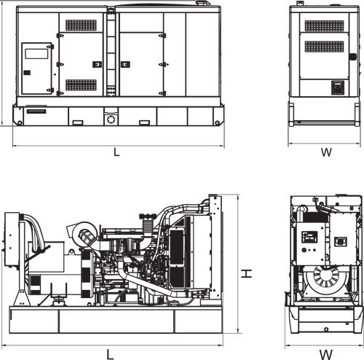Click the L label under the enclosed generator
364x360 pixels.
[116, 152]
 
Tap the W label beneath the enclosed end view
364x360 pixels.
[326, 152]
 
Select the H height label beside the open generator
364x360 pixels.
[247, 273]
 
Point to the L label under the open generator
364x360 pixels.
[110, 354]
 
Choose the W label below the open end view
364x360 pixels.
[326, 355]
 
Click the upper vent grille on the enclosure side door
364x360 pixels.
[81, 26]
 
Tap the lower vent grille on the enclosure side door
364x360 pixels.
[81, 85]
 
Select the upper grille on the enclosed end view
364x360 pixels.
[324, 26]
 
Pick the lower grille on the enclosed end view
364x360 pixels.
[324, 47]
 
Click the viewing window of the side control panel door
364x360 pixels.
[36, 54]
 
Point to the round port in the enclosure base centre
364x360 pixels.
[111, 120]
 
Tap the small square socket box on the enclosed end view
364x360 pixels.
[338, 87]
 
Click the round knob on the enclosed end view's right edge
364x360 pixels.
[352, 57]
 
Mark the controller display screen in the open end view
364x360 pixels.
[309, 237]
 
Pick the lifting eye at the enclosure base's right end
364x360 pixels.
[218, 123]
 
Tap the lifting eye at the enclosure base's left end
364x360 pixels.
[20, 123]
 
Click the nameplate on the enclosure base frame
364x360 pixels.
[36, 111]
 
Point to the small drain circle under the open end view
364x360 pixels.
[326, 329]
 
